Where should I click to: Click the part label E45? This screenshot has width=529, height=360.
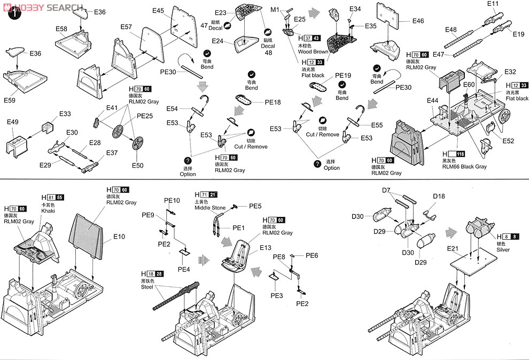pos(159,11)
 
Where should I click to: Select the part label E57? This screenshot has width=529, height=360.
pos(126,27)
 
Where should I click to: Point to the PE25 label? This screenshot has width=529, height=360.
pos(144,115)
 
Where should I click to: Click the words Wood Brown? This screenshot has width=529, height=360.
pos(314,52)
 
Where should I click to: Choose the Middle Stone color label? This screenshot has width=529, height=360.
pos(210,207)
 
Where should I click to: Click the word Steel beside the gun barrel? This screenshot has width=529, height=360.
pos(147,287)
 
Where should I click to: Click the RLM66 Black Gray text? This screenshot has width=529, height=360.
pos(464,166)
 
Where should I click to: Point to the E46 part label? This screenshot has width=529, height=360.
pos(418,21)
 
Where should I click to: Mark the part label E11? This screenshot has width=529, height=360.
pos(493,4)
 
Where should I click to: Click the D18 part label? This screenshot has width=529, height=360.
pos(439,196)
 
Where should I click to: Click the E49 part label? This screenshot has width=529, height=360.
pos(13,122)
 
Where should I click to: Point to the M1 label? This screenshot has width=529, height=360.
pos(275,10)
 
